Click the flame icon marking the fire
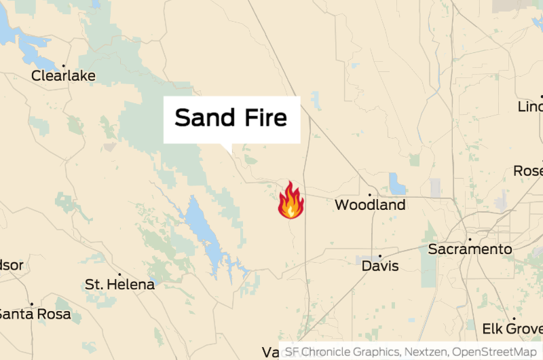click(291, 200)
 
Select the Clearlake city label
click(63, 75)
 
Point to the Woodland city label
click(370, 204)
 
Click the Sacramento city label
click(470, 249)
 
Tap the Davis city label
click(380, 266)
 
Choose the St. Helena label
click(119, 285)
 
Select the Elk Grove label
click(512, 329)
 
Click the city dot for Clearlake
click(63, 66)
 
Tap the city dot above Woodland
click(370, 194)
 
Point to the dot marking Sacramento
click(470, 239)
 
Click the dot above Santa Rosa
click(31, 304)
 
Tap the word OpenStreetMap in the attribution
click(494, 352)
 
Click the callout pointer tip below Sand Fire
click(229, 151)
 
